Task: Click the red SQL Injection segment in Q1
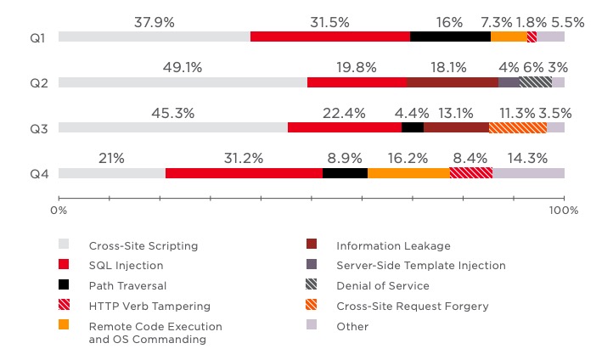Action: [330, 37]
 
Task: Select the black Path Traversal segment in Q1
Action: [450, 37]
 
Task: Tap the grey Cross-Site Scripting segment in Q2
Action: [183, 82]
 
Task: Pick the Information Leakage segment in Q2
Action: [453, 82]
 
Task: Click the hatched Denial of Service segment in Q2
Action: [536, 82]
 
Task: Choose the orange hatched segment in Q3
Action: [518, 127]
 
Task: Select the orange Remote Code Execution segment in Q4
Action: [408, 173]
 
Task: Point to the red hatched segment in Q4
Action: [471, 173]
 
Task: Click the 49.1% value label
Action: [183, 67]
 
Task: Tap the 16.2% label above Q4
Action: [408, 158]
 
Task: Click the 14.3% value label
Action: [528, 158]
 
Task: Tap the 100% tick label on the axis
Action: [564, 209]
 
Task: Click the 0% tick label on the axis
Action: [59, 209]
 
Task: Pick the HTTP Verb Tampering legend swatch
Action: [64, 306]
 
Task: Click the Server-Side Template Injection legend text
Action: [420, 266]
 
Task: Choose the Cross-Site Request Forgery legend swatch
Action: [311, 306]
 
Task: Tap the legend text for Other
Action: [351, 326]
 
